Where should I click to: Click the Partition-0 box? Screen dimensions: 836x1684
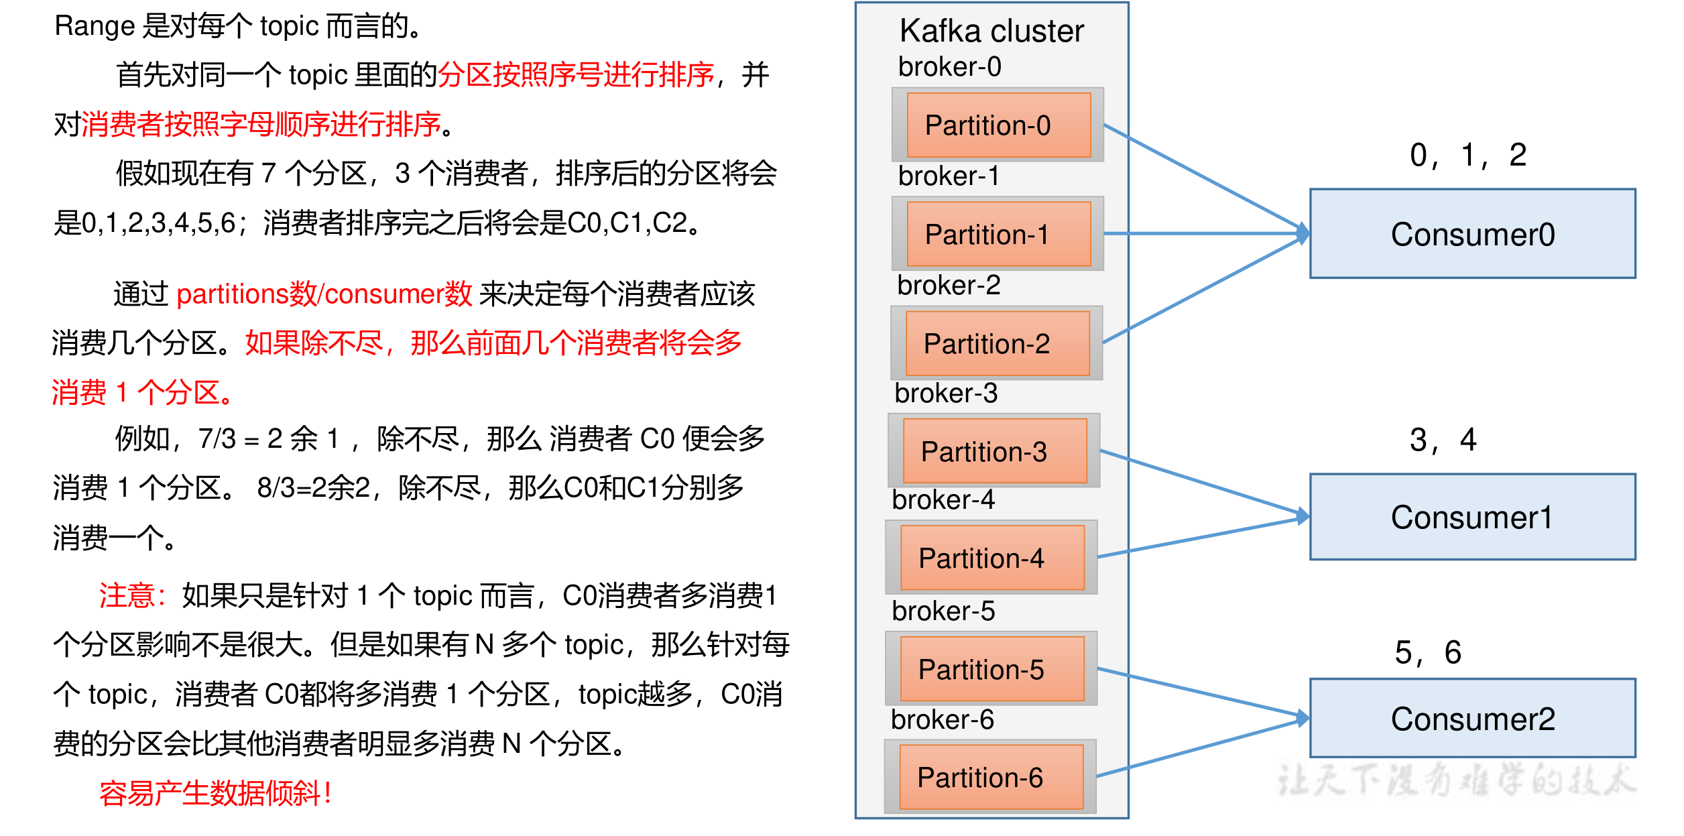(998, 125)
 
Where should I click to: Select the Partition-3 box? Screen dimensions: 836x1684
(995, 451)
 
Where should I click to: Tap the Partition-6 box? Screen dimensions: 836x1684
(991, 777)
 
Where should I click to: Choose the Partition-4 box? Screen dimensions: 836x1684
(992, 558)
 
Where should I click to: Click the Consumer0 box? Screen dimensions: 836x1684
(1472, 234)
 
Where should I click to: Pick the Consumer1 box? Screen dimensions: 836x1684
(1472, 517)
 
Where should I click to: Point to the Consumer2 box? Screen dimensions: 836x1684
(1472, 719)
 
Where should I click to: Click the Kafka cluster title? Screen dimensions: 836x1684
(991, 31)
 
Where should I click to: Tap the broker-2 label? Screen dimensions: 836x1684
(949, 286)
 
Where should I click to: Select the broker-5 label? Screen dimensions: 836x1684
(943, 611)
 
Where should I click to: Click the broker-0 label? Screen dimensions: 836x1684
(949, 67)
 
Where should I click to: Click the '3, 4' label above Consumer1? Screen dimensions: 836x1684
(1443, 440)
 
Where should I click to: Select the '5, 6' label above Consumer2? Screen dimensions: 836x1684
(1428, 652)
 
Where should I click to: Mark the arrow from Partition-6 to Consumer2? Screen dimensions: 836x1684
(1200, 748)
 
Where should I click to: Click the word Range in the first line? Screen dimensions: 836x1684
(95, 27)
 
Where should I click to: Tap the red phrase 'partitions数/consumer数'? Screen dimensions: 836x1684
(324, 294)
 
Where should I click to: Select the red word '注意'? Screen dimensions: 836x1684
(127, 595)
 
